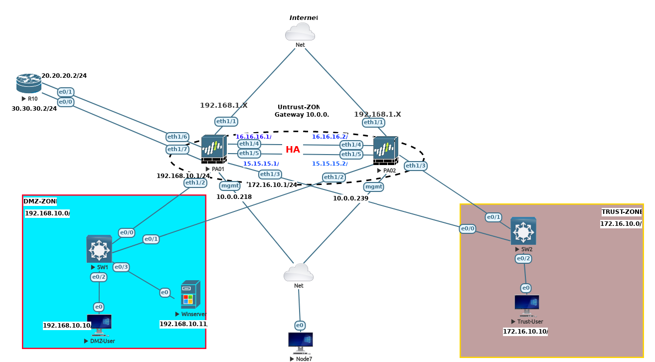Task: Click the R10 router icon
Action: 28,83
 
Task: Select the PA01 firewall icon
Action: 214,149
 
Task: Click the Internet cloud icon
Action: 300,31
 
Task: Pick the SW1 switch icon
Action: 99,249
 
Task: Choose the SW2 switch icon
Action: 523,230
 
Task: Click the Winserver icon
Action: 191,294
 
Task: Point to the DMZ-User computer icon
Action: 99,325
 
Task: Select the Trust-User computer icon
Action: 527,305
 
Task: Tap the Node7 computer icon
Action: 301,343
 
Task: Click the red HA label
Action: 293,150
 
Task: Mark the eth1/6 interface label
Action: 177,137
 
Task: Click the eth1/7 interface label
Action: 177,149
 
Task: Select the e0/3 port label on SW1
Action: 121,267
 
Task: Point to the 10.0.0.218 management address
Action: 234,197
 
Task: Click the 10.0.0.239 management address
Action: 350,198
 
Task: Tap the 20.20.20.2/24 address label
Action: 64,76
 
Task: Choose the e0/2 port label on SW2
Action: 523,259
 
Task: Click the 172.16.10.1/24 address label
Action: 273,185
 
